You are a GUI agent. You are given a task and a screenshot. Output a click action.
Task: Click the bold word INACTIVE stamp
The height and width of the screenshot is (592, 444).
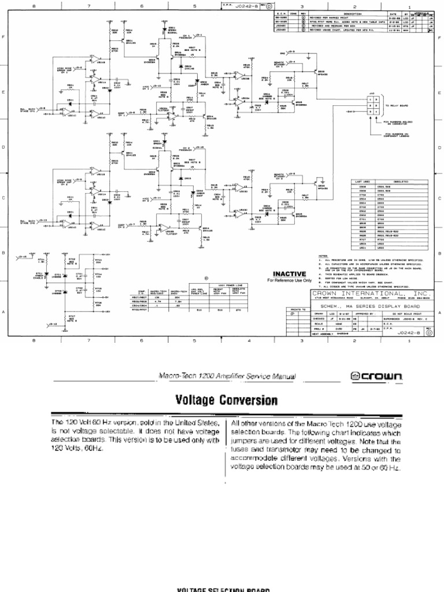290,273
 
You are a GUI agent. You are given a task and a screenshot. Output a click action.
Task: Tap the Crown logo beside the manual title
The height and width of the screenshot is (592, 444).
376,376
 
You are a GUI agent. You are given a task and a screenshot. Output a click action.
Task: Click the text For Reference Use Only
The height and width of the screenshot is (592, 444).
290,280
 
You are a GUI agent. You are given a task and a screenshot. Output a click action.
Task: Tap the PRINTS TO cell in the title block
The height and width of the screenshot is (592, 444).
294,310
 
